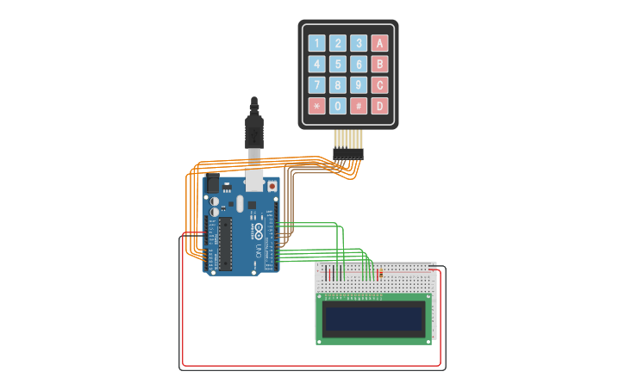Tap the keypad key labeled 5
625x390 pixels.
(338, 64)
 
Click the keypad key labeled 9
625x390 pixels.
(359, 84)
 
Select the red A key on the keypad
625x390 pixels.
(379, 43)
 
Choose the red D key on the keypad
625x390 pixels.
(379, 106)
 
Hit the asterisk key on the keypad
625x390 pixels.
(317, 106)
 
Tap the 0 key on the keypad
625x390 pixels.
(338, 106)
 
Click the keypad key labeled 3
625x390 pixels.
(359, 43)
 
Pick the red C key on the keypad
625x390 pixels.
(379, 84)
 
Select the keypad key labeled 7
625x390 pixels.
(317, 84)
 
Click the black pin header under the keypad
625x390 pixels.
(348, 153)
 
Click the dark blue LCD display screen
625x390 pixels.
(373, 319)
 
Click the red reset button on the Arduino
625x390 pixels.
(272, 185)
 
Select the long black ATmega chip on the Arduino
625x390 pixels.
(226, 244)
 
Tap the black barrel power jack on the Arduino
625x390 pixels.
(211, 184)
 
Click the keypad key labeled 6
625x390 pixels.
(359, 64)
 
